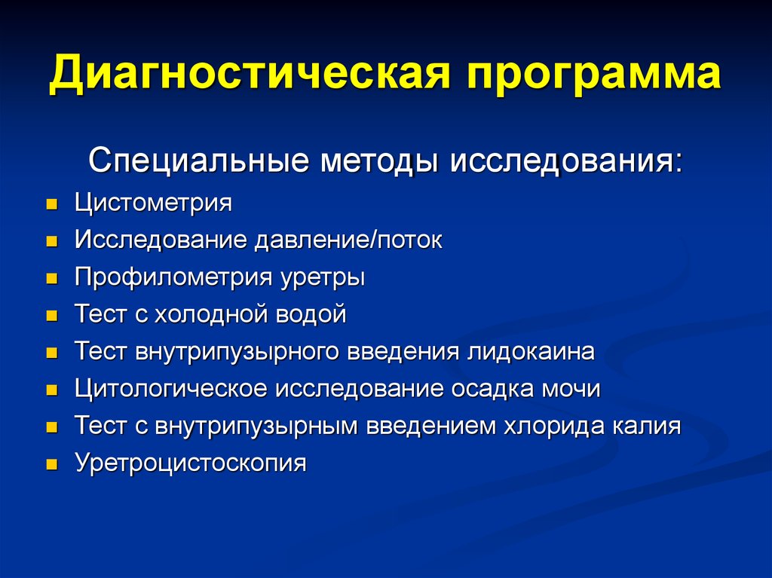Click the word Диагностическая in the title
pyautogui.click(x=250, y=74)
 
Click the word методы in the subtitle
pyautogui.click(x=379, y=161)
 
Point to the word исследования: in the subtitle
pyautogui.click(x=566, y=161)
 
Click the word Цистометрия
pyautogui.click(x=153, y=203)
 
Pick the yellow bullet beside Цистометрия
pyautogui.click(x=52, y=204)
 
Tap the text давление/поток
pyautogui.click(x=348, y=240)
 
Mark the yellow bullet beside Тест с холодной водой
pyautogui.click(x=52, y=316)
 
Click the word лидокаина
pyautogui.click(x=531, y=351)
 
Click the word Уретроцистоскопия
pyautogui.click(x=191, y=463)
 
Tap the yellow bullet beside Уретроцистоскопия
pyautogui.click(x=52, y=464)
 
